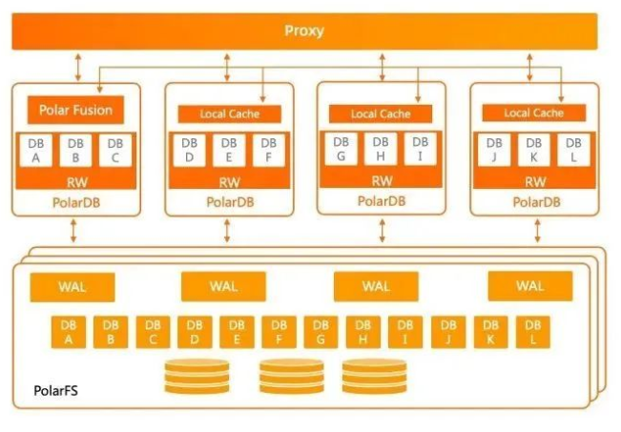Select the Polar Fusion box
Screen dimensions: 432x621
(75, 110)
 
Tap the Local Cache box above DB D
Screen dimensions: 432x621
(229, 114)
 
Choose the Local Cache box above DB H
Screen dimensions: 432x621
(381, 114)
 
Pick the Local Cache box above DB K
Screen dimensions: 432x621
(533, 113)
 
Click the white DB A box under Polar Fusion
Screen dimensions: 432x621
(35, 152)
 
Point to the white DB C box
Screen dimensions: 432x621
(114, 152)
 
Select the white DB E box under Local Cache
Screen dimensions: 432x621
(228, 151)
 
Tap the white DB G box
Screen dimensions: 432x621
(341, 149)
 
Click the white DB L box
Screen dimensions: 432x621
(572, 151)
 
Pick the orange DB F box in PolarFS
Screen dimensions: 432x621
(279, 331)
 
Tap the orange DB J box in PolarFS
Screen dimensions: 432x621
(447, 331)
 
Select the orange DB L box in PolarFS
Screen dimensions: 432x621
(532, 331)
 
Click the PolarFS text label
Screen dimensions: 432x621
(50, 392)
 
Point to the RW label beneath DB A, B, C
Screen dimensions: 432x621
(75, 181)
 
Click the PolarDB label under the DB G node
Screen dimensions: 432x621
(381, 201)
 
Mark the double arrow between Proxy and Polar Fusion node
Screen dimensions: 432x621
(76, 66)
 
